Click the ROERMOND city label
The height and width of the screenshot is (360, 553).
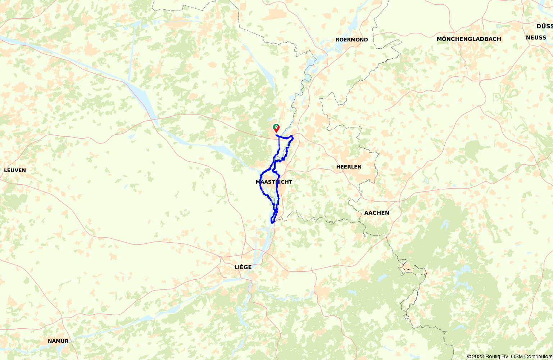click(x=352, y=40)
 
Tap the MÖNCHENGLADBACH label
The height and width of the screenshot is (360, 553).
click(x=468, y=39)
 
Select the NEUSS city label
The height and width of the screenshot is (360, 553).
click(x=536, y=37)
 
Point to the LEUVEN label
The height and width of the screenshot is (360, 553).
click(x=15, y=170)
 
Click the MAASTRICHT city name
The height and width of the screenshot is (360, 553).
click(x=274, y=182)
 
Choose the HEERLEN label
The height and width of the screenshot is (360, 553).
click(x=349, y=167)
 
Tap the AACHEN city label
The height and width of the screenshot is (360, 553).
click(x=376, y=213)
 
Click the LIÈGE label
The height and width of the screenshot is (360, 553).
click(x=243, y=267)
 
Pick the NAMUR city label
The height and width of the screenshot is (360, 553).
click(x=58, y=341)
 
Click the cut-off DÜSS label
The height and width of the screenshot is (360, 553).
click(x=544, y=26)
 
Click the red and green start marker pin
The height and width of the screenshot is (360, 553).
click(x=276, y=128)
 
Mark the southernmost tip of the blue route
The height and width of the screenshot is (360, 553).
click(x=272, y=222)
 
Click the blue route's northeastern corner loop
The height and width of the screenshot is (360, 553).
click(x=291, y=137)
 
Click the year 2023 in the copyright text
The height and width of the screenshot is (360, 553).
click(x=479, y=356)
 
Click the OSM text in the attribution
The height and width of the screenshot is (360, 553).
click(x=515, y=356)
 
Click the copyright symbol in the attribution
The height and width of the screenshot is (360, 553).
click(x=469, y=356)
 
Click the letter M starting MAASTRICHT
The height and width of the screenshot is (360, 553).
click(x=258, y=182)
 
